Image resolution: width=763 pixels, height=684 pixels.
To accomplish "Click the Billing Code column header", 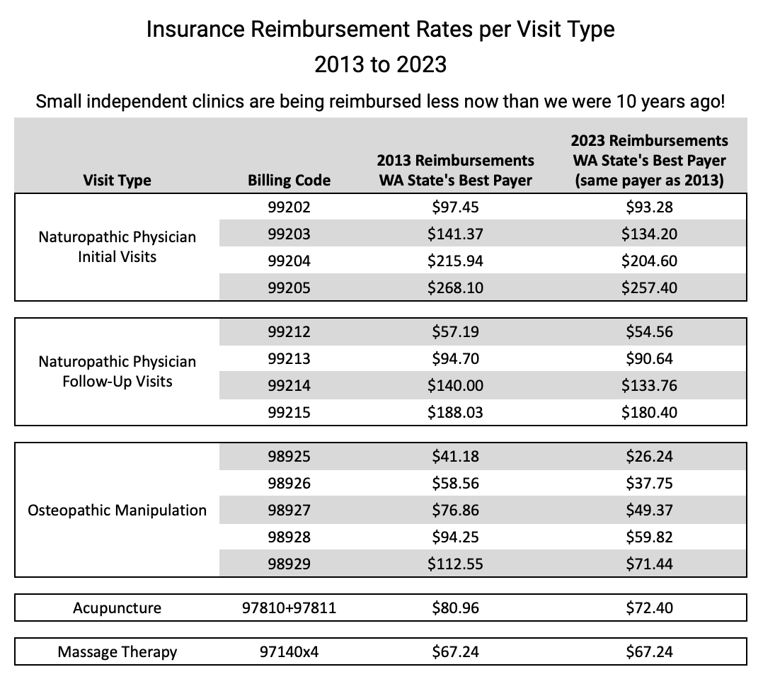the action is tap(289, 180).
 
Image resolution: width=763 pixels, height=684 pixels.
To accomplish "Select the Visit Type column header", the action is tap(117, 180).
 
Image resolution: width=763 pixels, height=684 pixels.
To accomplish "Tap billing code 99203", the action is tap(289, 234).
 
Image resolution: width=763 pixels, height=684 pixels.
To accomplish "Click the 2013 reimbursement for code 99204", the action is tap(456, 261).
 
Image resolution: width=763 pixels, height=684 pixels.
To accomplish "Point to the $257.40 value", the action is tap(649, 287).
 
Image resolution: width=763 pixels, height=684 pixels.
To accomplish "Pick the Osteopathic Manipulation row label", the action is tap(117, 511).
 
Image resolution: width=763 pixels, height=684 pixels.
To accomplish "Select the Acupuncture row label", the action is tap(117, 608).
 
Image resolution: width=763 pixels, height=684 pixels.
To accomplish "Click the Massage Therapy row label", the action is tap(117, 652).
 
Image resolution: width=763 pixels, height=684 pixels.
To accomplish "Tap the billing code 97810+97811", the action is tap(289, 608).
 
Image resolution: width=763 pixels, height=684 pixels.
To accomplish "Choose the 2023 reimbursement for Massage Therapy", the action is tap(649, 652).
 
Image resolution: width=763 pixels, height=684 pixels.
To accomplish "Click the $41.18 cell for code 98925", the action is tap(456, 456).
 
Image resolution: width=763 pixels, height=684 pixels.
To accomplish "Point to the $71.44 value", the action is tap(649, 564).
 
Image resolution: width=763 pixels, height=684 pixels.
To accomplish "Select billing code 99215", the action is tap(289, 412).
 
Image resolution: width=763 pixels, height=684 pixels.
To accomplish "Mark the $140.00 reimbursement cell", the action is tap(456, 386).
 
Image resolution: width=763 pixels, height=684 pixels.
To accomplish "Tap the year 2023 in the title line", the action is tap(421, 64).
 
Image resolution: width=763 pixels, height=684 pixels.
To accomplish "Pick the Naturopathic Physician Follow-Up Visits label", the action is tap(117, 372).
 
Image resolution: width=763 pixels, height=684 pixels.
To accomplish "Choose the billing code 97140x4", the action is tap(289, 652).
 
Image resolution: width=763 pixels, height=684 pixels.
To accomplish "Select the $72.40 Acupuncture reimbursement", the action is tap(649, 608).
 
